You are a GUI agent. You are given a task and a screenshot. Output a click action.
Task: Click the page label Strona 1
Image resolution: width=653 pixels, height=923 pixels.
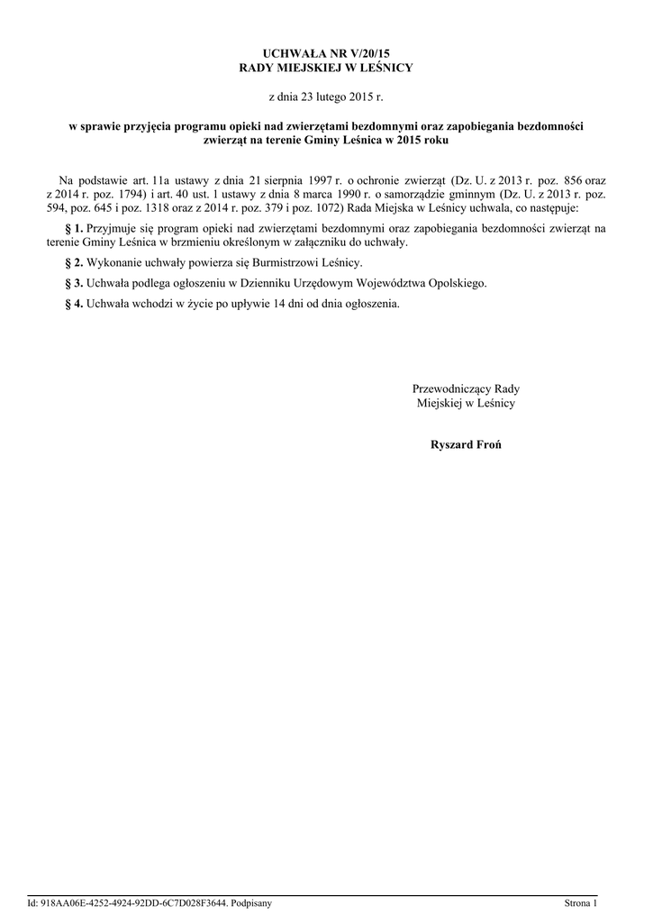[x=580, y=902]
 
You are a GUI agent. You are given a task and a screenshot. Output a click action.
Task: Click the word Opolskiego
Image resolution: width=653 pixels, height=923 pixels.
[x=456, y=283]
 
